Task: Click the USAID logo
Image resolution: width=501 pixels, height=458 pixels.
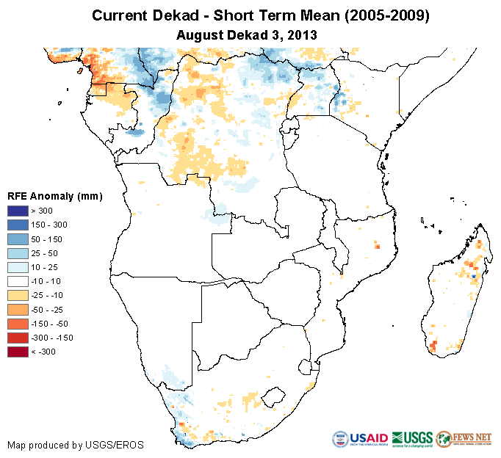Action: coord(360,440)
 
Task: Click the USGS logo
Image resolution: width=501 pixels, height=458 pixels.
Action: coord(411,440)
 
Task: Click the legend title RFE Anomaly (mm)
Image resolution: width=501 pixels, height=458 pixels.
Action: coord(54,196)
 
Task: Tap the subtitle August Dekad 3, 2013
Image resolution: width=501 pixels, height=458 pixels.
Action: coord(250,34)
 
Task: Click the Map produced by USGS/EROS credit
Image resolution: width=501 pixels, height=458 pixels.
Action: coord(76,445)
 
